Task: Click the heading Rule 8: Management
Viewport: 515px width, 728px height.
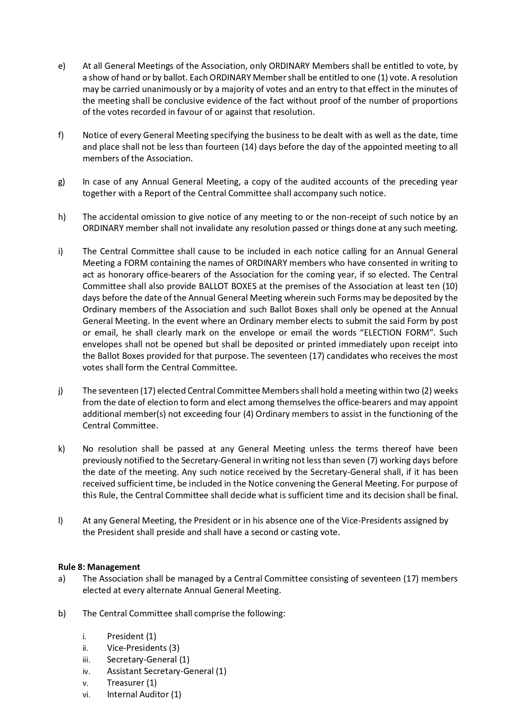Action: pyautogui.click(x=99, y=567)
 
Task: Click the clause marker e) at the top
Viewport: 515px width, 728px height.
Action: pyautogui.click(x=61, y=66)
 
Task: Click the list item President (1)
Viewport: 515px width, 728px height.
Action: pyautogui.click(x=132, y=636)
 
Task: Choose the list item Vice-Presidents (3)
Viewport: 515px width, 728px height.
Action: pyautogui.click(x=143, y=648)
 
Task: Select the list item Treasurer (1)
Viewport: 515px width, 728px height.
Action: pyautogui.click(x=132, y=683)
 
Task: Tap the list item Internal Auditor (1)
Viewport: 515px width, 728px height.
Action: pyautogui.click(x=144, y=694)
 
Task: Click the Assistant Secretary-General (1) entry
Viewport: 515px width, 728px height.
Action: pyautogui.click(x=166, y=671)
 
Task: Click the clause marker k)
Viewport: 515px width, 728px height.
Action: pyautogui.click(x=61, y=449)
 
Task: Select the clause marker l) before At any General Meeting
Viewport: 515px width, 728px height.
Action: pyautogui.click(x=61, y=521)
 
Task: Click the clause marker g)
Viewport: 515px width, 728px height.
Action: pyautogui.click(x=61, y=182)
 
